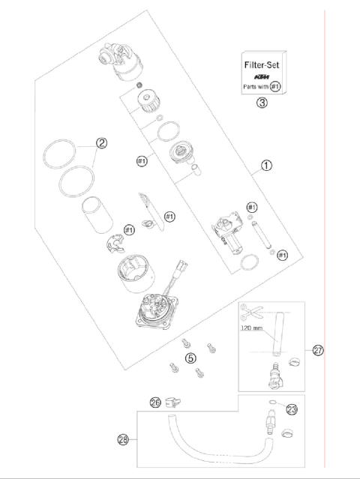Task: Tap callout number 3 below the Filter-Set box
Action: (262, 103)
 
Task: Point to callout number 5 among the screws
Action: (190, 358)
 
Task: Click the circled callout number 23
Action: (292, 410)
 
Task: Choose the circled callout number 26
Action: (156, 403)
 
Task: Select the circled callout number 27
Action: (317, 350)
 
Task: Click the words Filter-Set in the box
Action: (261, 65)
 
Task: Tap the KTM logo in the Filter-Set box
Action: (261, 76)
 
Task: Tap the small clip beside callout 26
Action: (172, 403)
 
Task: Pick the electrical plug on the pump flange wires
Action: (181, 265)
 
